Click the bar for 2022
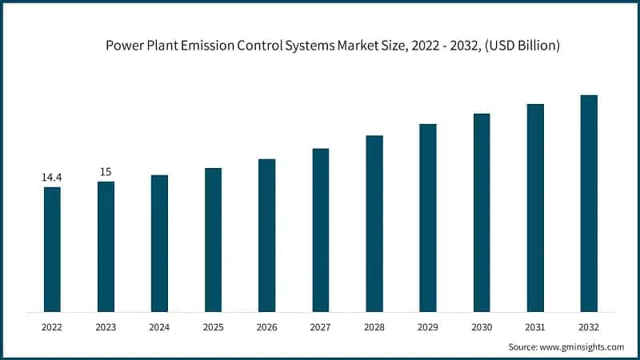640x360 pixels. (x=52, y=249)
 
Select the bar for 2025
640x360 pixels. (x=213, y=239)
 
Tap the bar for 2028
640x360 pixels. (x=374, y=223)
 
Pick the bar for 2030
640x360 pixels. (x=482, y=212)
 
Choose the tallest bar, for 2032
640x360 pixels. (x=589, y=203)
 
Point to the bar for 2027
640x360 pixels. (x=321, y=230)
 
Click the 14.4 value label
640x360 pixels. (x=52, y=177)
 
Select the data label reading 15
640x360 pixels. (x=106, y=171)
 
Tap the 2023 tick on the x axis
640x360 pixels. (x=106, y=326)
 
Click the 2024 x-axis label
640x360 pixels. (x=159, y=326)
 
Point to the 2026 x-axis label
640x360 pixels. (x=266, y=326)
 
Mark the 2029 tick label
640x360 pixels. (x=428, y=326)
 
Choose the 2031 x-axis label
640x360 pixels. (x=535, y=326)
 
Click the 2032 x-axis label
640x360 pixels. (x=589, y=326)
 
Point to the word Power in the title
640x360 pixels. (x=124, y=46)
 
